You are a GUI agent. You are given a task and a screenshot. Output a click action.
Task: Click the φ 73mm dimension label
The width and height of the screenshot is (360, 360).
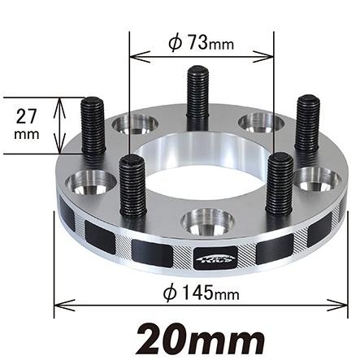(x=199, y=44)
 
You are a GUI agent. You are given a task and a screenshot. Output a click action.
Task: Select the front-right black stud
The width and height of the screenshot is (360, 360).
(x=279, y=183)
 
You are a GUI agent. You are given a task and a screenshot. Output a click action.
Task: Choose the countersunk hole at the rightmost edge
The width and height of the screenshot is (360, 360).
(x=318, y=178)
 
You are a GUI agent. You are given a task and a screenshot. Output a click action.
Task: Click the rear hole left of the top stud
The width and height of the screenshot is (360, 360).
(x=137, y=124)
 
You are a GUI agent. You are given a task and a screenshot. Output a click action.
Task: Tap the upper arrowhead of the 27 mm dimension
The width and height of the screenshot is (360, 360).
(x=59, y=101)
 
